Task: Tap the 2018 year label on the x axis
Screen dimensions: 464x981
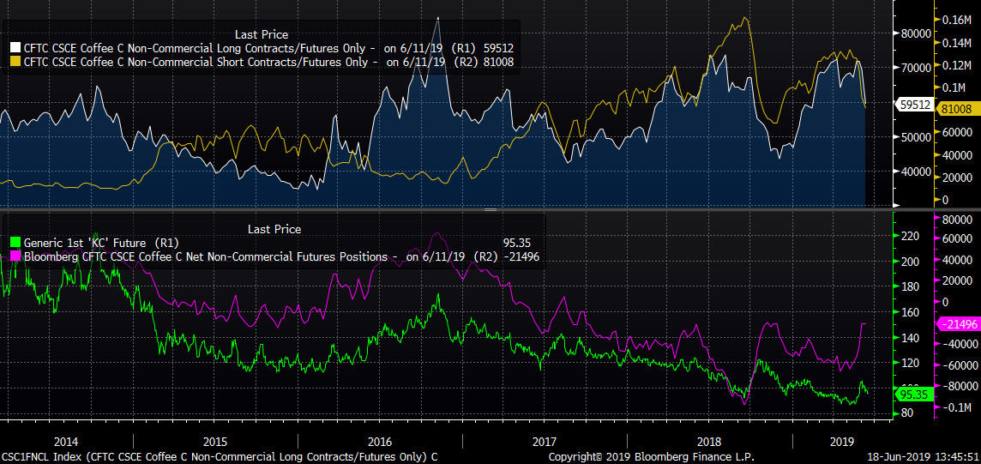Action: (x=709, y=442)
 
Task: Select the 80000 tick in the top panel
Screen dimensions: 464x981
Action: (x=914, y=33)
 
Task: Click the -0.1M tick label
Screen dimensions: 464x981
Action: (x=957, y=407)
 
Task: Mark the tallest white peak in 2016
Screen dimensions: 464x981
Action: (x=438, y=17)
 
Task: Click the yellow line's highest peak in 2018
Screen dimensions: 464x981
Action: (x=745, y=17)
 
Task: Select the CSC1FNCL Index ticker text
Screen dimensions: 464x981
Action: (x=34, y=456)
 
